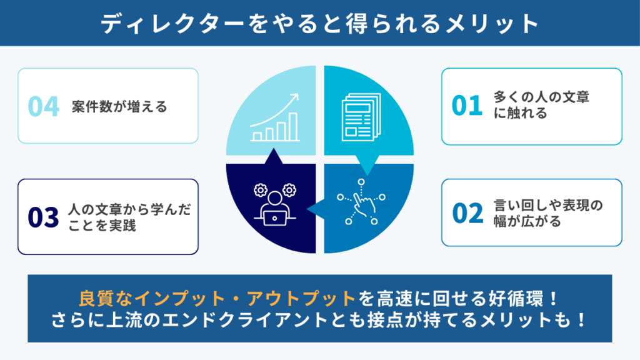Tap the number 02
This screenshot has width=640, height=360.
467,213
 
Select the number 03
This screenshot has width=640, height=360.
43,217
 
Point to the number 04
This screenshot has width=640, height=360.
43,106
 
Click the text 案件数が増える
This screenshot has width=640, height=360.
119,106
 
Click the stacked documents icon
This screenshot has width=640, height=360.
361,117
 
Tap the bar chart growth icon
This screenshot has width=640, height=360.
275,117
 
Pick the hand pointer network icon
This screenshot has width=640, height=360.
361,202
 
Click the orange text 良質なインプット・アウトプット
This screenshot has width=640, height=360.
217,298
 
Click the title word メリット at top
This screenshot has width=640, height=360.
492,23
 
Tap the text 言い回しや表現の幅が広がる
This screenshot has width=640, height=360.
547,213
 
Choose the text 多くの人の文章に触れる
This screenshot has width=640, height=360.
541,105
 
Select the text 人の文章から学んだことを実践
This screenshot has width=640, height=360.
129,217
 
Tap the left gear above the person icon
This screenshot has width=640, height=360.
261,190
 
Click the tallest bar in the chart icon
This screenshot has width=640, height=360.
293,127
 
